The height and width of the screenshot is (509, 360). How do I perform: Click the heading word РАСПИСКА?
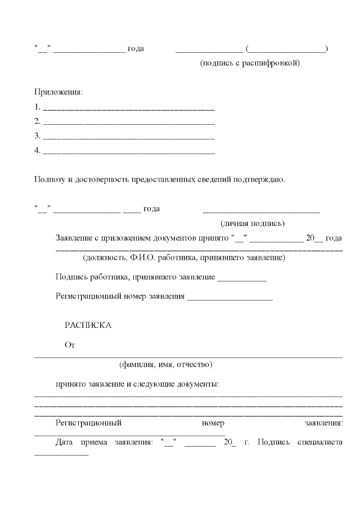tap(88, 326)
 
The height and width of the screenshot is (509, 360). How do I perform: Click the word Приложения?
tap(58, 91)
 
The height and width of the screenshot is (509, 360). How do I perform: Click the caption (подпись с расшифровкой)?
tap(250, 63)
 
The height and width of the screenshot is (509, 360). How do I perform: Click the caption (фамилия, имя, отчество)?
tap(165, 364)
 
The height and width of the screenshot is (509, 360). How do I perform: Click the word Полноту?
tap(49, 180)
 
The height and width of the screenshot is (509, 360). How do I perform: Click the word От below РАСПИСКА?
tap(70, 345)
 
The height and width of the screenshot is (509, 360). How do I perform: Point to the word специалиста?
tap(319, 442)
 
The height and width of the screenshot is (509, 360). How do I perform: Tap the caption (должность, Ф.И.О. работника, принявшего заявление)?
tap(183, 258)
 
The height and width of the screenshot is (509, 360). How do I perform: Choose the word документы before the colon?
tap(197, 384)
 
